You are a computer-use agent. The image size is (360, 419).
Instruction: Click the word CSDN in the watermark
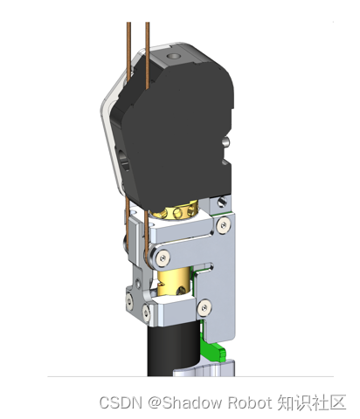[x=121, y=402]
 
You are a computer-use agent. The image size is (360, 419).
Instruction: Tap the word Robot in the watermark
[x=249, y=402]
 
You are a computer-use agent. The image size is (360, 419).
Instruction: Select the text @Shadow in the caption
[x=185, y=402]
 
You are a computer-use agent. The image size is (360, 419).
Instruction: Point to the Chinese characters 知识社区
[x=311, y=402]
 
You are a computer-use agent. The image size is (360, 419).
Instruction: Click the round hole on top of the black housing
[x=173, y=56]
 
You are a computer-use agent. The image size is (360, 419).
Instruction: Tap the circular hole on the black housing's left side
[x=124, y=160]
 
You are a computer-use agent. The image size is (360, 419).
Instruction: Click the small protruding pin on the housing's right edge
[x=226, y=141]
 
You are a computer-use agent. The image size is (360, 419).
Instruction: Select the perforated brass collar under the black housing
[x=177, y=211]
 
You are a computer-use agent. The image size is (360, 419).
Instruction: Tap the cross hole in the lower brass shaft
[x=181, y=289]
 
